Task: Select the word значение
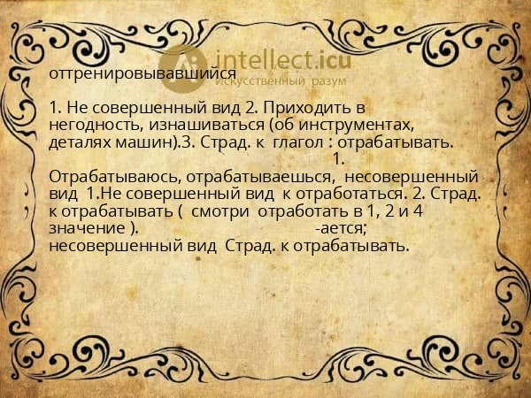(x=89, y=228)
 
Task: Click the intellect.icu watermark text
(x=276, y=60)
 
